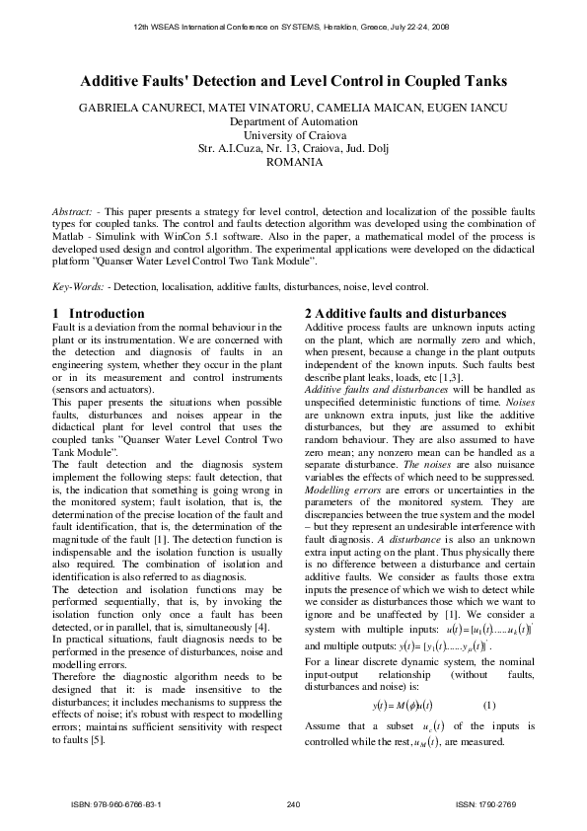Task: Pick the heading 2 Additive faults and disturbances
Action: click(404, 313)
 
